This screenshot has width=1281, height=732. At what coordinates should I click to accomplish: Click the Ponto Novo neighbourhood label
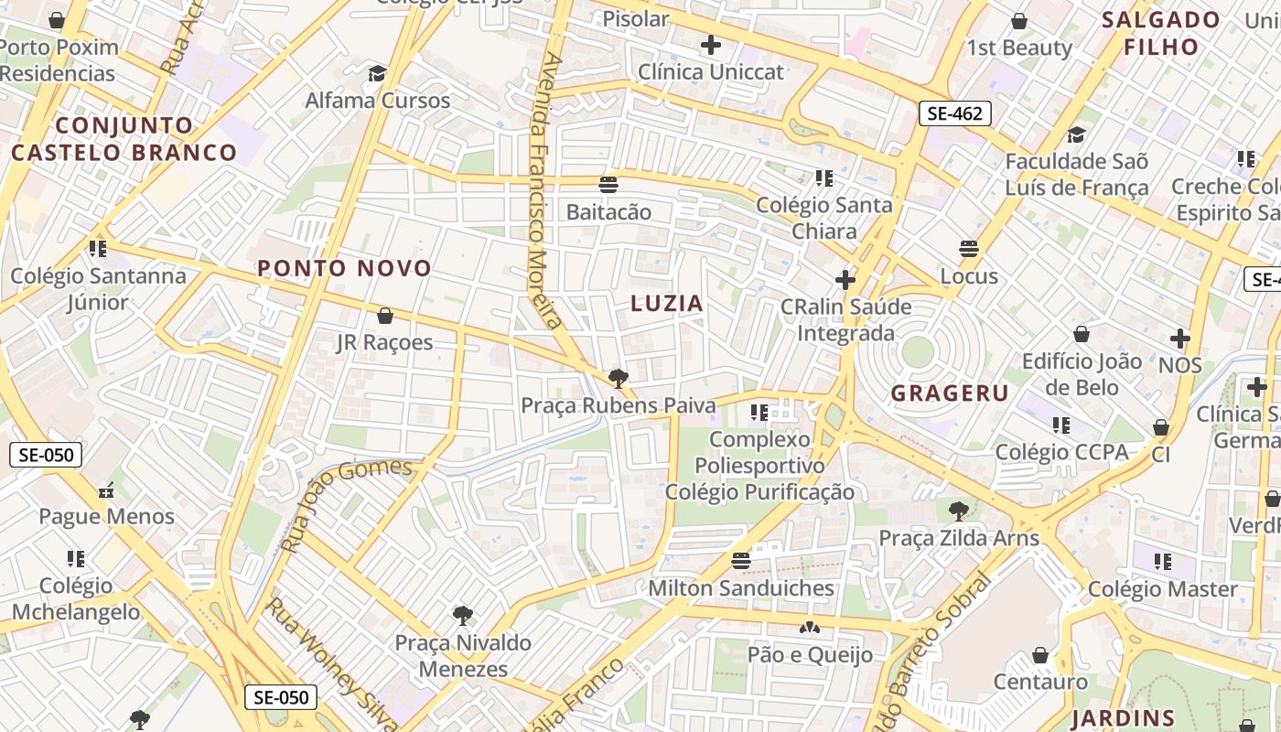pyautogui.click(x=344, y=268)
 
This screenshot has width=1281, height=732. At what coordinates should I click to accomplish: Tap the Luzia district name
pyautogui.click(x=667, y=304)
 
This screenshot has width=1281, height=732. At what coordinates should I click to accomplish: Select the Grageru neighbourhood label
pyautogui.click(x=950, y=393)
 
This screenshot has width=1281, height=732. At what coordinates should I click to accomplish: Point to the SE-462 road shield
pyautogui.click(x=954, y=113)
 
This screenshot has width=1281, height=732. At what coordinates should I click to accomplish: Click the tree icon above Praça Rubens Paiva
pyautogui.click(x=619, y=378)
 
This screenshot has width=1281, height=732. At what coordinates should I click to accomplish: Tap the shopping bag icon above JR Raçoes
pyautogui.click(x=385, y=316)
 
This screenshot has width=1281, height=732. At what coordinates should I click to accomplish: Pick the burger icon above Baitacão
pyautogui.click(x=608, y=184)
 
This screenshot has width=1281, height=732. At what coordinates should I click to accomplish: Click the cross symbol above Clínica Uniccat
pyautogui.click(x=711, y=44)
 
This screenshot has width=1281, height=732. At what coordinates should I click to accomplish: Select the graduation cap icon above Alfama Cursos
pyautogui.click(x=377, y=73)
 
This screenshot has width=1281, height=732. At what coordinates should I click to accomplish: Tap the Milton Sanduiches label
pyautogui.click(x=741, y=588)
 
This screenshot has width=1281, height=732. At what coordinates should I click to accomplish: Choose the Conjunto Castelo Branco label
pyautogui.click(x=124, y=139)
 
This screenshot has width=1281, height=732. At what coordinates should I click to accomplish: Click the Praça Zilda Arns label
pyautogui.click(x=959, y=537)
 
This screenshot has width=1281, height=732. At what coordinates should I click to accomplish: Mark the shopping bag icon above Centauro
pyautogui.click(x=1040, y=655)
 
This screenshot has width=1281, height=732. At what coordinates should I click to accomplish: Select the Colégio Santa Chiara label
pyautogui.click(x=823, y=218)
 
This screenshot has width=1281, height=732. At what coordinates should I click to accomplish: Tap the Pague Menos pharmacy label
pyautogui.click(x=106, y=516)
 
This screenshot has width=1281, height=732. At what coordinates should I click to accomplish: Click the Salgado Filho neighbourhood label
pyautogui.click(x=1161, y=33)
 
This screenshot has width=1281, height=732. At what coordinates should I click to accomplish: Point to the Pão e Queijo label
pyautogui.click(x=810, y=654)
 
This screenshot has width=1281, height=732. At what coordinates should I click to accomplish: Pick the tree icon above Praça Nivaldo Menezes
pyautogui.click(x=463, y=615)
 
